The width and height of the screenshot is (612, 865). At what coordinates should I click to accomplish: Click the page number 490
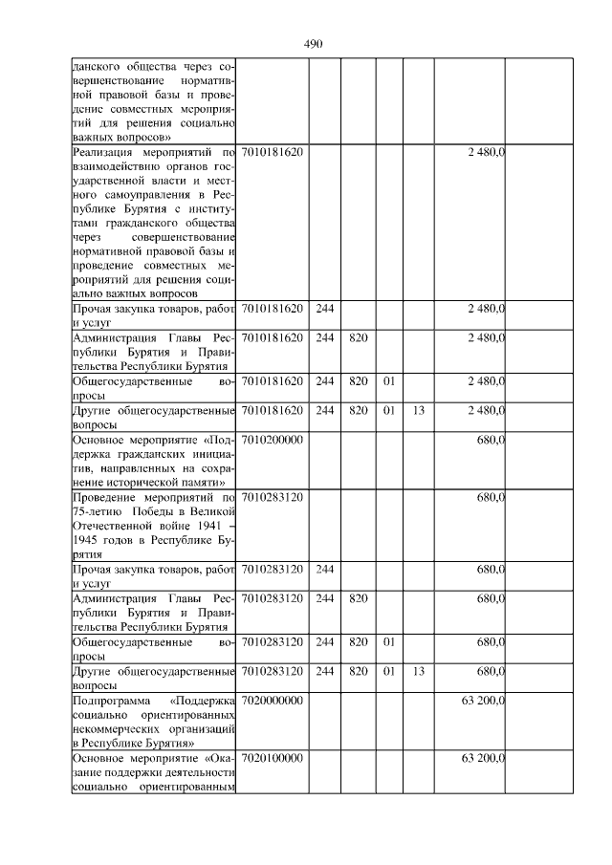click(x=313, y=44)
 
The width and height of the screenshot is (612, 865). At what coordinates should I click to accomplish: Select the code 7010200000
click(x=273, y=441)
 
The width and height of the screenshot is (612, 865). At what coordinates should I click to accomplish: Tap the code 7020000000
click(x=273, y=701)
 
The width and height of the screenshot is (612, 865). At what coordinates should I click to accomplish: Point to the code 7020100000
click(x=273, y=758)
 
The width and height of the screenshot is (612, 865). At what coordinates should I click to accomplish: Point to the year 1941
click(x=199, y=526)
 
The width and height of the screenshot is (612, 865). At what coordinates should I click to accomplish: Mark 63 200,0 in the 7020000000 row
click(x=483, y=701)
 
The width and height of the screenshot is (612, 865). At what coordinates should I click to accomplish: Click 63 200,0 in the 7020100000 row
click(x=483, y=758)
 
